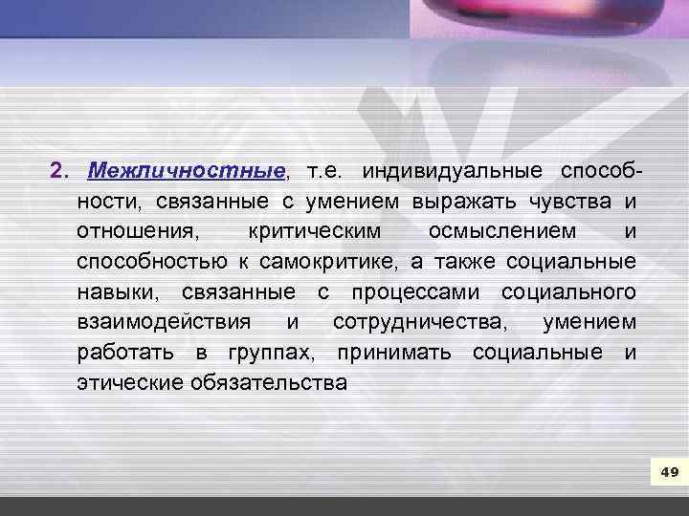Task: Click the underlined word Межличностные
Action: point(186,171)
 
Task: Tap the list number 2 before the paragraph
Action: point(56,171)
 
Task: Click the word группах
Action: point(271,353)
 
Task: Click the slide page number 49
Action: point(669,472)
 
